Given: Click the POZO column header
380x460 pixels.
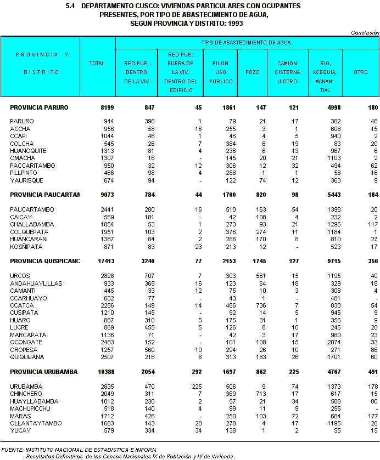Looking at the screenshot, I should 253,72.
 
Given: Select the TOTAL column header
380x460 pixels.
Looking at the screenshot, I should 97,64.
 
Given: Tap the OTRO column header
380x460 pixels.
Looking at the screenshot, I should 361,72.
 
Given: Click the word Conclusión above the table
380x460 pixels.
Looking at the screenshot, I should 365,33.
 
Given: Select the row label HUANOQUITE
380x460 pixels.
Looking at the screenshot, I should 28,151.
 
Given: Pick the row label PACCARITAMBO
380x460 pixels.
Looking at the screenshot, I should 31,166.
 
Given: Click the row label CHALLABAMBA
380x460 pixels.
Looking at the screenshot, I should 30,224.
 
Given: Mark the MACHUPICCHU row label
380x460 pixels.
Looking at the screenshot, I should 30,408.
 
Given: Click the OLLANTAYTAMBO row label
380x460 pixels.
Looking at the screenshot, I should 33,423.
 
